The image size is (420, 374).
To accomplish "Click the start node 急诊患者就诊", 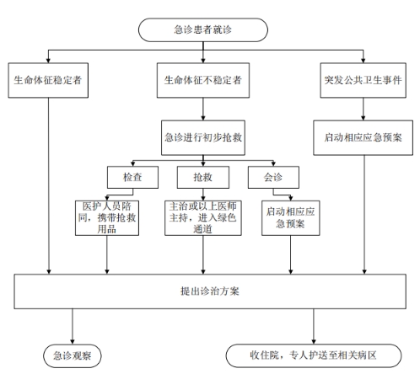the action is [x=203, y=29].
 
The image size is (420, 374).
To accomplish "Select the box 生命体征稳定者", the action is [x=48, y=80].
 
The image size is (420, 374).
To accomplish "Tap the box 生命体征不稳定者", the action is [x=203, y=80].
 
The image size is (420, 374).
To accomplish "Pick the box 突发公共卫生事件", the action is [x=363, y=80].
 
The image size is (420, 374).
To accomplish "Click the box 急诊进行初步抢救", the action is [x=203, y=137].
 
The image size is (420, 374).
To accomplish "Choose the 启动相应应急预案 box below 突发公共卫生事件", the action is [x=363, y=137].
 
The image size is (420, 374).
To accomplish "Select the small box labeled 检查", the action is [x=132, y=177].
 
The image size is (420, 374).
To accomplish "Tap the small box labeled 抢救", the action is [x=203, y=177].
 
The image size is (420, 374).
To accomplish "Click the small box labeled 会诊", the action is [x=273, y=177].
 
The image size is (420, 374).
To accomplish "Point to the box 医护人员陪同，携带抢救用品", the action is [x=107, y=218].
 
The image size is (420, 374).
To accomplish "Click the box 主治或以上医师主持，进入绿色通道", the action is [x=203, y=218].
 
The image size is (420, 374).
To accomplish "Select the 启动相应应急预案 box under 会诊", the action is [x=291, y=218].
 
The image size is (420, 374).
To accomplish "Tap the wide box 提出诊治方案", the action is [x=210, y=291].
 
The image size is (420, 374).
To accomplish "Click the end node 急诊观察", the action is [x=73, y=356].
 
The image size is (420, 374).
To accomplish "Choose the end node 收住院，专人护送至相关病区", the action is [x=314, y=355].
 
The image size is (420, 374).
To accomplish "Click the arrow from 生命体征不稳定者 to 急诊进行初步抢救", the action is [x=203, y=109].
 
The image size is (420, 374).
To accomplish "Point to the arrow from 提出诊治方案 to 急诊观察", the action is [x=73, y=327].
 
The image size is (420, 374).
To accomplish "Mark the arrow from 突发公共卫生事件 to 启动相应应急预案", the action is [x=363, y=109].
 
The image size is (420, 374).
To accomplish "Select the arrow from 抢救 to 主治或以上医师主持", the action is [x=203, y=195].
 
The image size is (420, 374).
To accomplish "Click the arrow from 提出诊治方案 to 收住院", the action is [x=314, y=327].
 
